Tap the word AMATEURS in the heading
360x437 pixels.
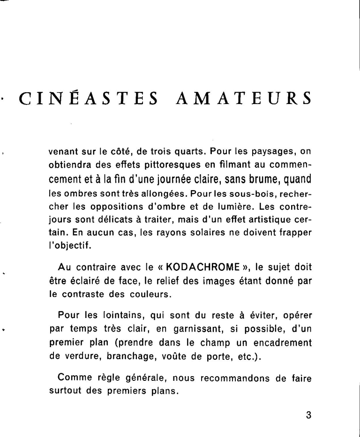point(244,99)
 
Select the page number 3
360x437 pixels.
point(308,415)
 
